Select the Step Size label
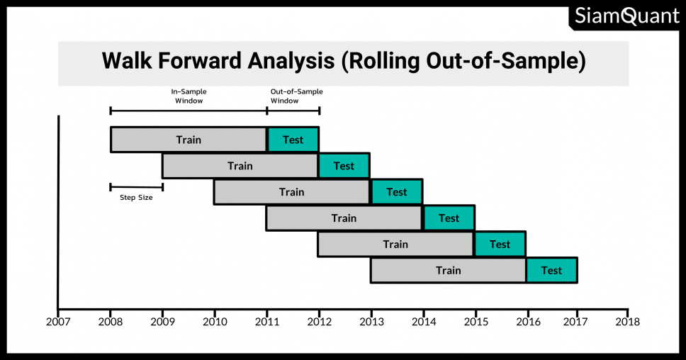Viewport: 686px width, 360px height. [x=136, y=197]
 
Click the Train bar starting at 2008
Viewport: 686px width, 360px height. [x=189, y=140]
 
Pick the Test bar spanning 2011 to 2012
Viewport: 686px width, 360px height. [x=293, y=140]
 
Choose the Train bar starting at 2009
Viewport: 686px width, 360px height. [x=240, y=166]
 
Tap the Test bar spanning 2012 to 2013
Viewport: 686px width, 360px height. [x=344, y=166]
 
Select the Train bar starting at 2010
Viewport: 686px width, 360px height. [x=292, y=192]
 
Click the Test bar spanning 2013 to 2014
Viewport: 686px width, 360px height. [x=397, y=192]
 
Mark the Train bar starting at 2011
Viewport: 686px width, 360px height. [x=344, y=218]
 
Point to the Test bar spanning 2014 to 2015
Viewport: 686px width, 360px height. [x=449, y=218]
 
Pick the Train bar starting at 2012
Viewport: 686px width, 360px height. [x=395, y=244]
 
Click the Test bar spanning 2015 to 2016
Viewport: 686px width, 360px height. [x=500, y=244]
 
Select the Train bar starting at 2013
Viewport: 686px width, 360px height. [x=448, y=270]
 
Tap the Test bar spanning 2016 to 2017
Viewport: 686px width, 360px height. [x=551, y=270]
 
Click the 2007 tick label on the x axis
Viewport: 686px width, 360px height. [x=58, y=322]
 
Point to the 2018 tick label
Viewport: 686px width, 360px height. [x=628, y=322]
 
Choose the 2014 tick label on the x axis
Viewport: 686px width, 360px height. [x=424, y=322]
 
